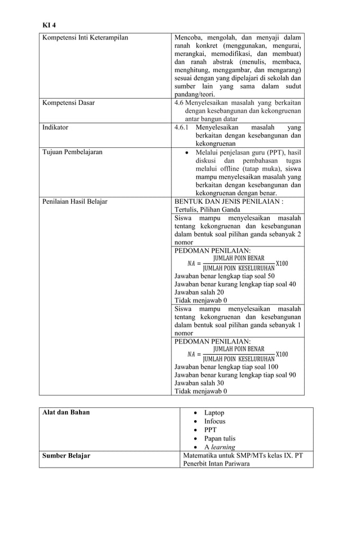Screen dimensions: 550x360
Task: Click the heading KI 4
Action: [x=49, y=25]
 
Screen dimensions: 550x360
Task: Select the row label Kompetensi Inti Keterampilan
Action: [x=85, y=38]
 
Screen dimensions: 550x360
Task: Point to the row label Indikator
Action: [x=55, y=127]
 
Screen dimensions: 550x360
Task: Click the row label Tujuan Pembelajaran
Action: [x=72, y=152]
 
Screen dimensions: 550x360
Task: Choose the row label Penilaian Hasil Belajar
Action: [x=74, y=201]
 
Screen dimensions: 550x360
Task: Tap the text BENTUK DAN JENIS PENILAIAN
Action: [x=229, y=201]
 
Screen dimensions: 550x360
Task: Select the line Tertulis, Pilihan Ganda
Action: [x=207, y=209]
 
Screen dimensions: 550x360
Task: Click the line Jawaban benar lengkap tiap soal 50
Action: [x=225, y=276]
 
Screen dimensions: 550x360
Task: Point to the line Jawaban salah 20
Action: [x=199, y=293]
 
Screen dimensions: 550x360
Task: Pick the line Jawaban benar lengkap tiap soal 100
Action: [x=226, y=367]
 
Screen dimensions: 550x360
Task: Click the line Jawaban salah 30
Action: [x=199, y=383]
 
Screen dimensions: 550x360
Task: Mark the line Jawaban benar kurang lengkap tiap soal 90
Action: [x=235, y=375]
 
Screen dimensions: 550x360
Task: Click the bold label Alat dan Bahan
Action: [x=66, y=412]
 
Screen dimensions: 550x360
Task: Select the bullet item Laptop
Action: [x=214, y=413]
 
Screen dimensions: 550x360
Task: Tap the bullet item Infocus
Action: [x=214, y=421]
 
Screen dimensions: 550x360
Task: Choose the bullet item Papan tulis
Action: [x=219, y=438]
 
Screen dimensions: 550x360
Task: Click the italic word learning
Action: [x=223, y=447]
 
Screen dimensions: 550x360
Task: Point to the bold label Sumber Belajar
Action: [x=67, y=455]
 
